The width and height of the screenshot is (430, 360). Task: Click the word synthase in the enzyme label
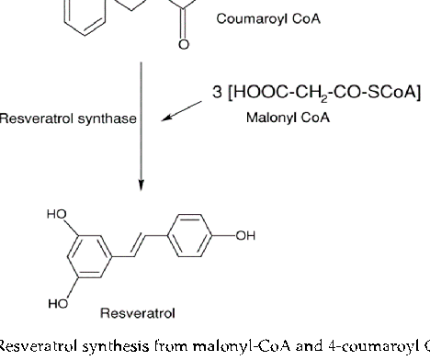(x=107, y=118)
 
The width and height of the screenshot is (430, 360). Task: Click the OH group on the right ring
(x=244, y=236)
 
